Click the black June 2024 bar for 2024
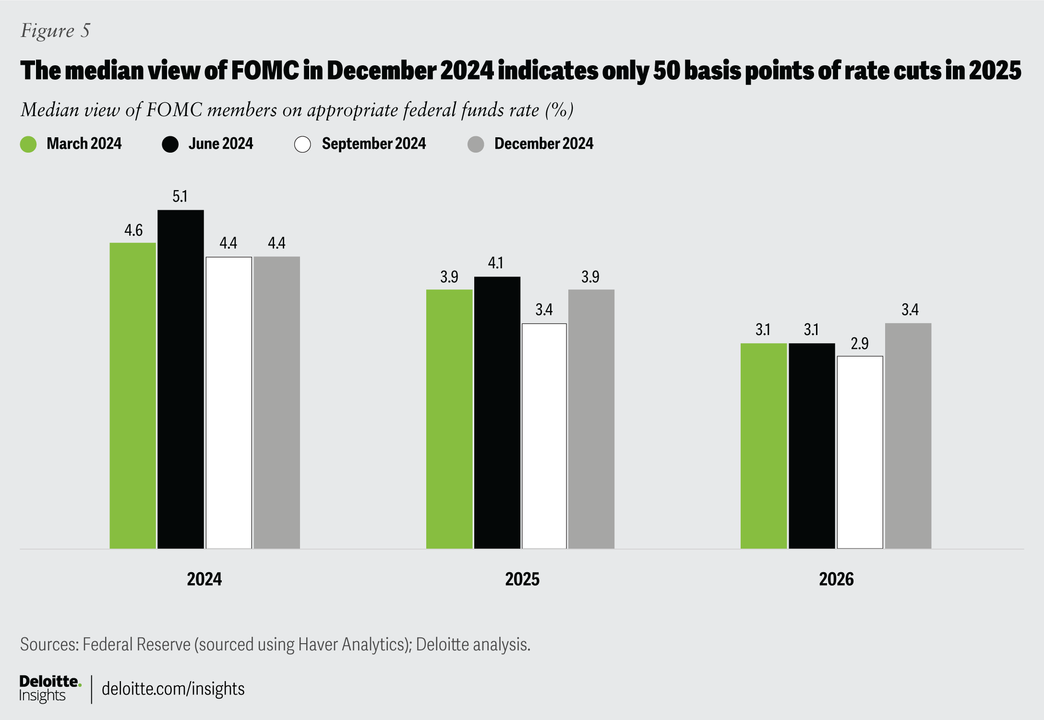point(180,379)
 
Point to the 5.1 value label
point(180,196)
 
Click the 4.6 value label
point(133,230)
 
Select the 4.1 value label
point(495,263)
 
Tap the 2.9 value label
point(859,344)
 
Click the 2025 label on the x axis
point(522,579)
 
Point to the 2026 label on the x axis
point(836,579)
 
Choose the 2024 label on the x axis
point(204,579)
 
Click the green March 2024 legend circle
point(28,144)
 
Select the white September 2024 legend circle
point(302,144)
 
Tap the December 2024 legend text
point(544,144)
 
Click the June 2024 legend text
point(221,144)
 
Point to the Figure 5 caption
point(55,31)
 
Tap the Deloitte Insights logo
point(50,689)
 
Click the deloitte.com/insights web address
point(173,689)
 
